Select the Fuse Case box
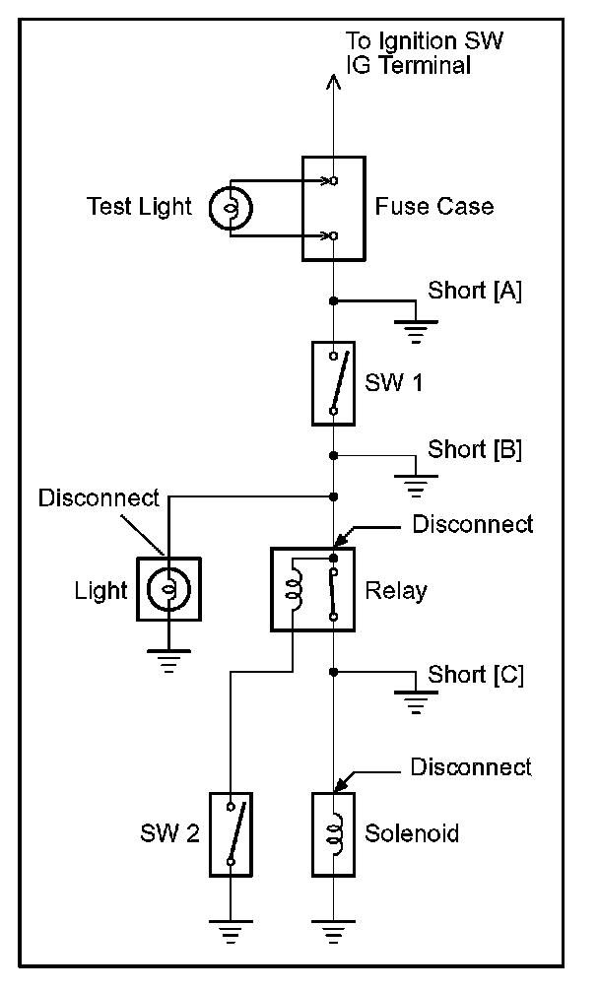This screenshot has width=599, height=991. click(334, 208)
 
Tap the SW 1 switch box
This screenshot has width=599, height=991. click(334, 382)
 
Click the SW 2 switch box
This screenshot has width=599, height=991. click(230, 833)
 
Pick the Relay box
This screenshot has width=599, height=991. click(313, 590)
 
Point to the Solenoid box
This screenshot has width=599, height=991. click(334, 833)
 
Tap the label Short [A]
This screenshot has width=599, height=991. click(475, 291)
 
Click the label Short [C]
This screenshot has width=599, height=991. click(476, 676)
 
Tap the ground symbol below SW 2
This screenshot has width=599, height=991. click(230, 929)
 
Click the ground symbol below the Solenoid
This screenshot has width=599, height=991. click(334, 929)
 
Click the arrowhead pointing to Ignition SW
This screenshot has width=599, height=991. click(334, 87)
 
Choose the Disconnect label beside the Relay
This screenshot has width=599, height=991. click(473, 523)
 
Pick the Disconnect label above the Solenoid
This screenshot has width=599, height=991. click(471, 766)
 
